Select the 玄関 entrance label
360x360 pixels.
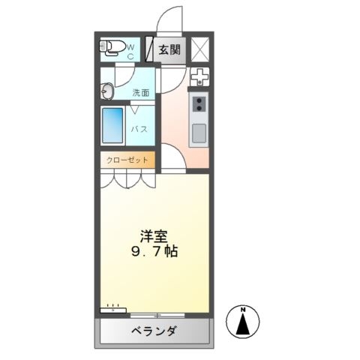click(x=169, y=50)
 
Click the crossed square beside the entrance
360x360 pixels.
click(x=200, y=49)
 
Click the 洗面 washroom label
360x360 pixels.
click(x=141, y=93)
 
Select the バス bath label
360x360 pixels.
click(x=140, y=129)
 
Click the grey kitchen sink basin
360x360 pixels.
click(x=199, y=133)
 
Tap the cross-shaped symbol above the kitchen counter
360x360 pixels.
click(x=199, y=76)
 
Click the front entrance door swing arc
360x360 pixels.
click(x=169, y=19)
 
